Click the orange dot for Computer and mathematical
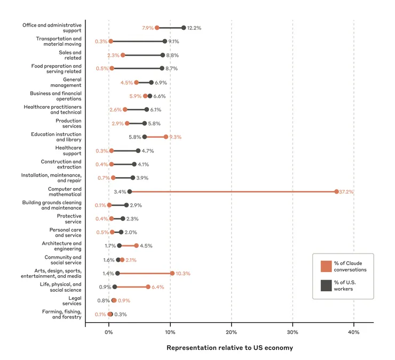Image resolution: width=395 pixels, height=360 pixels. [x=336, y=191]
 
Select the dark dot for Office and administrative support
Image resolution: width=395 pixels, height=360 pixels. [x=184, y=28]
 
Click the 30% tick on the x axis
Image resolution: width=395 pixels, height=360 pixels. [x=293, y=332]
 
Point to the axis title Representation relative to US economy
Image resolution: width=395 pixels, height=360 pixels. [x=230, y=348]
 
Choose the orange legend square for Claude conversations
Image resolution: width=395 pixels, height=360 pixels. [x=326, y=266]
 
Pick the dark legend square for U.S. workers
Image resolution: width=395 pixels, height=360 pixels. [x=326, y=286]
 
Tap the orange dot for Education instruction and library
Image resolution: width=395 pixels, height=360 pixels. [x=166, y=137]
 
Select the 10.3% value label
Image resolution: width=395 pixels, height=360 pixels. [x=183, y=274]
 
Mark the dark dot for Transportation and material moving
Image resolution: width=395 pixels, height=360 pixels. [x=165, y=41]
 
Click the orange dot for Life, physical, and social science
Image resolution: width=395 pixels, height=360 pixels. [x=148, y=287]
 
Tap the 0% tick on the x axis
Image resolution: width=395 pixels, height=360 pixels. [x=109, y=332]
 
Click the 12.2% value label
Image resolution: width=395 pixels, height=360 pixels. [x=194, y=28]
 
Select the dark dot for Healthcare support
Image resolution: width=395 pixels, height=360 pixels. [x=138, y=151]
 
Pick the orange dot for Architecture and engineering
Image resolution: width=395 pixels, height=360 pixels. [x=136, y=246]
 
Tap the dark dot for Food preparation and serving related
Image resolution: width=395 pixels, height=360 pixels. [x=162, y=68]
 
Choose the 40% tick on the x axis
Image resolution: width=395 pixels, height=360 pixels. [x=353, y=332]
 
